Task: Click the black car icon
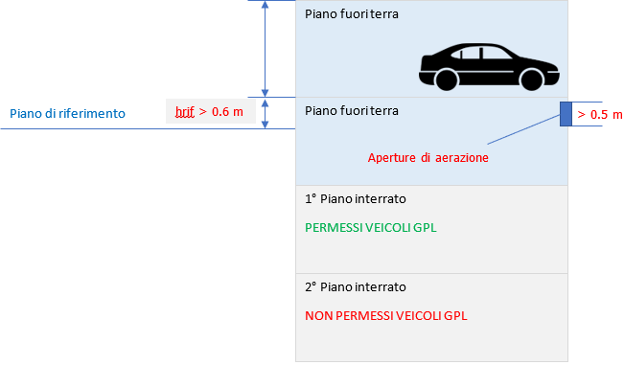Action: pyautogui.click(x=487, y=66)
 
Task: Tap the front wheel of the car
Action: pyautogui.click(x=530, y=80)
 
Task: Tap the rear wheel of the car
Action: pyautogui.click(x=446, y=80)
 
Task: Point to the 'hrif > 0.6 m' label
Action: pyautogui.click(x=208, y=113)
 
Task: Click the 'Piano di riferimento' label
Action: pyautogui.click(x=68, y=113)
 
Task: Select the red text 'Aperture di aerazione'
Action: pyautogui.click(x=428, y=157)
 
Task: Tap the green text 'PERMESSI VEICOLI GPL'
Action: pyautogui.click(x=365, y=230)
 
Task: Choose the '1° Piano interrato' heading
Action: pyautogui.click(x=355, y=199)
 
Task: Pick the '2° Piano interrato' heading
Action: pyautogui.click(x=355, y=286)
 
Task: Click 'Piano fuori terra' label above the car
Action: pyautogui.click(x=351, y=14)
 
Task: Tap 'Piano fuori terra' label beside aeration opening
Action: pyautogui.click(x=351, y=111)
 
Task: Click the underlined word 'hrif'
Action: pyautogui.click(x=184, y=113)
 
